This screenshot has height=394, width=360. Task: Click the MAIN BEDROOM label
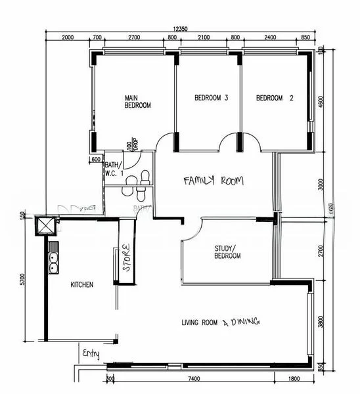click(x=138, y=102)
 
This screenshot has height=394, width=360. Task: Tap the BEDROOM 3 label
click(x=212, y=98)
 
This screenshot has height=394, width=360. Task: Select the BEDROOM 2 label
click(x=275, y=98)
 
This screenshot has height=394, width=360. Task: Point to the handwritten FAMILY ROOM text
click(x=213, y=181)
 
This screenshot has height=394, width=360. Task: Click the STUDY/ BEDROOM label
click(x=227, y=252)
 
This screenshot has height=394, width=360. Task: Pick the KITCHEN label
click(x=82, y=285)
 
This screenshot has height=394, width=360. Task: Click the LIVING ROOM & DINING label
click(x=221, y=322)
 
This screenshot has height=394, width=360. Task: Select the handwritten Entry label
click(x=91, y=355)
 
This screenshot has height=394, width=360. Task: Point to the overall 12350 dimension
click(x=181, y=29)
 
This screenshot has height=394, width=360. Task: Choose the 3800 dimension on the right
click(x=321, y=322)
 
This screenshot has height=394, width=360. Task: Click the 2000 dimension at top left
click(x=68, y=38)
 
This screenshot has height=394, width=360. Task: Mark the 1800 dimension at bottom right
click(x=294, y=379)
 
